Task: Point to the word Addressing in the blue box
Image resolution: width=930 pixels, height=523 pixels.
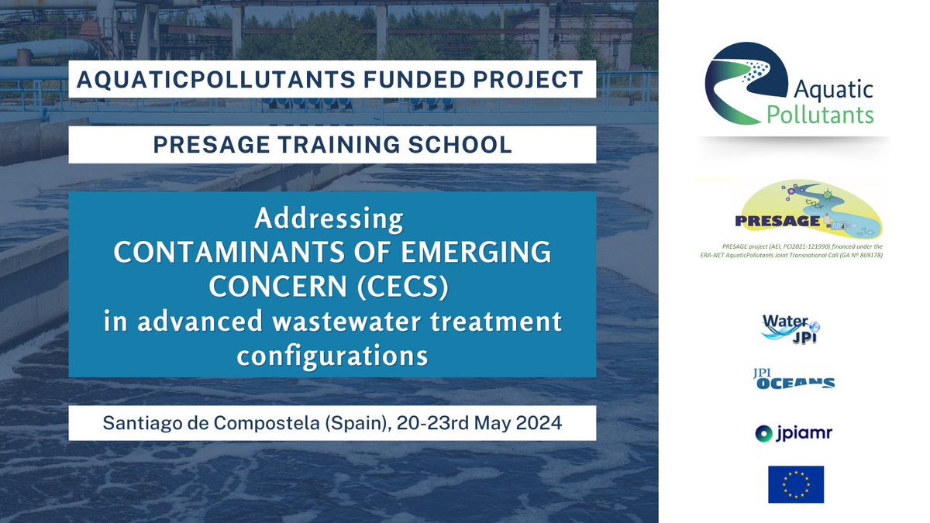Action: [329, 219]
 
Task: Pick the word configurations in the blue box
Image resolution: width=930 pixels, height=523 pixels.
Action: [332, 356]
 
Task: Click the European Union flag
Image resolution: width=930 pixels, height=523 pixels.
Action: [791, 484]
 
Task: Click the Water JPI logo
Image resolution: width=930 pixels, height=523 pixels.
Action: [791, 327]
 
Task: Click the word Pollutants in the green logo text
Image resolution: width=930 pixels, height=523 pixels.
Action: [820, 115]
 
